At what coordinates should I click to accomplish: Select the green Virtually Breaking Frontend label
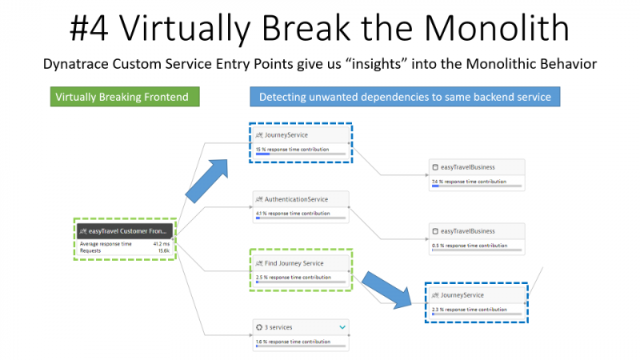pos(122,98)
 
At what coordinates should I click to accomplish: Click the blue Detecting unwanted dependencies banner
pos(405,98)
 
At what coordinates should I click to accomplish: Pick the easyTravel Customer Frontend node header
pos(124,230)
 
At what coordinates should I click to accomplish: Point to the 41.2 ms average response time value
pos(161,243)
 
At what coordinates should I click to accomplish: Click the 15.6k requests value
pos(162,250)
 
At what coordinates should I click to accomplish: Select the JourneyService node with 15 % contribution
pos(301,135)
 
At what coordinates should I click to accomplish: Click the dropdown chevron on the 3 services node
pos(342,326)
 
